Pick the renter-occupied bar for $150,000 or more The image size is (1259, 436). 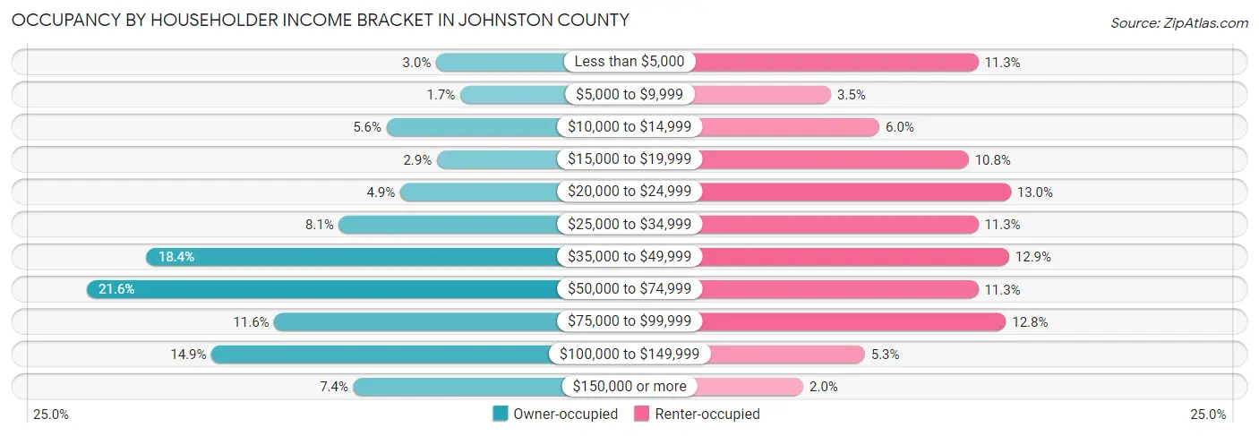pos(749,387)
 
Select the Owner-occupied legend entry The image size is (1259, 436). pos(555,414)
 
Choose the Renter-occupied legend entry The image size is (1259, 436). pos(697,414)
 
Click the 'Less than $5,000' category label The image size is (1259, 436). pos(629,62)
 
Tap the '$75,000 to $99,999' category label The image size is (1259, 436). pos(629,321)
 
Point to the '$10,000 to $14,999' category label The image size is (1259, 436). pos(629,127)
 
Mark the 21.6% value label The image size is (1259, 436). pos(116,289)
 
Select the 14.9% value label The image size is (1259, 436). pos(188,355)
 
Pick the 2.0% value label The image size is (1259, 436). pos(823,387)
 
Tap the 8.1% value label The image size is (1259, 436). pos(320,225)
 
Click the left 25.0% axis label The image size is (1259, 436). pos(50,415)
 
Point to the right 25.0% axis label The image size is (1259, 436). pos(1208,415)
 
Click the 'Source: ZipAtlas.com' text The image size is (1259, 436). pos(1179,21)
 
